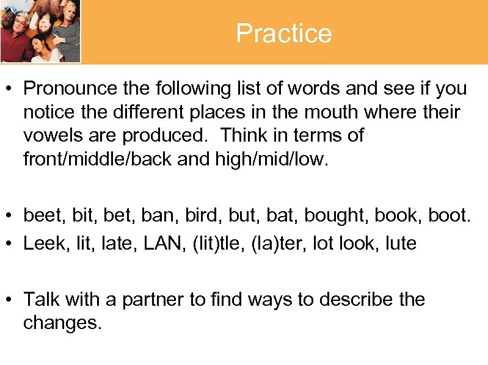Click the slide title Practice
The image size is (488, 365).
tap(284, 33)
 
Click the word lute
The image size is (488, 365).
tap(398, 244)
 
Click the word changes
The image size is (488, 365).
tap(62, 323)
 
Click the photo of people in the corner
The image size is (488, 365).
tap(40, 31)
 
